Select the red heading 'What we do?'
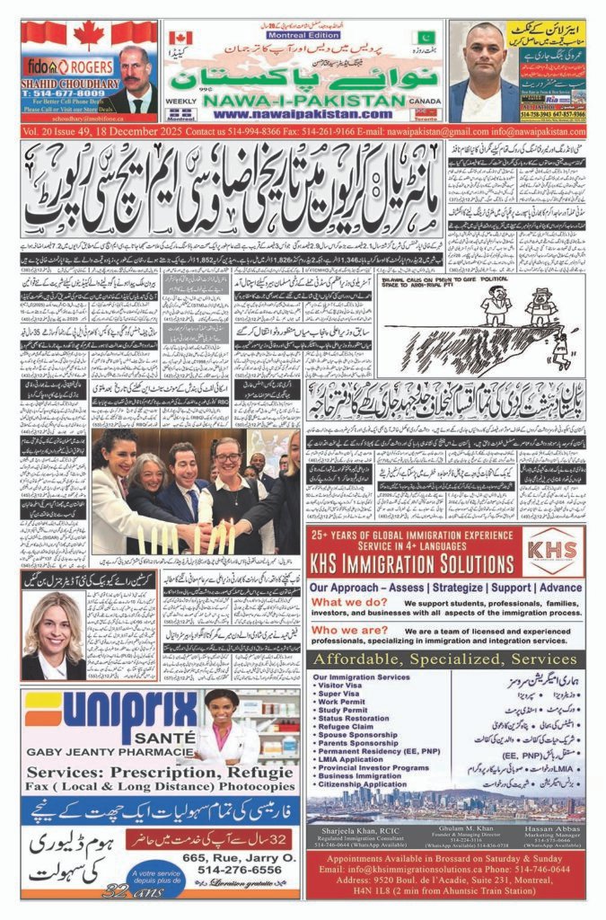tap(345, 602)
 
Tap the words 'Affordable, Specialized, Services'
tap(444, 659)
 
